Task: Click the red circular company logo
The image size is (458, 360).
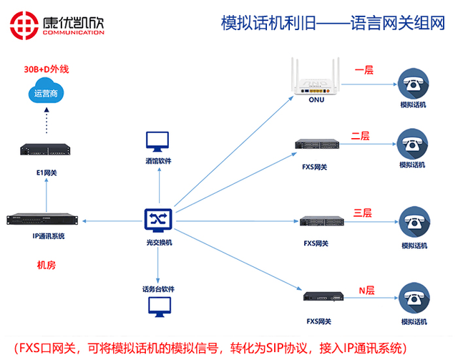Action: point(24,26)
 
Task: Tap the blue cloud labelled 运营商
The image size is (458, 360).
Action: point(46,91)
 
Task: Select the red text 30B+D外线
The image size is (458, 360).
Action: point(47,69)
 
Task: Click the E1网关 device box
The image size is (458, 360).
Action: point(45,150)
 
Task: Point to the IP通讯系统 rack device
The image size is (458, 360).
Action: point(42,220)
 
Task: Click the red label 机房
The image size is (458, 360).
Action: point(46,265)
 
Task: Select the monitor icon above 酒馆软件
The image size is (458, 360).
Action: point(157,142)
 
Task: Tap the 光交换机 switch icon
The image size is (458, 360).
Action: point(158,220)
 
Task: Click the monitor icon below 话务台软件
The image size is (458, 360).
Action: point(160,307)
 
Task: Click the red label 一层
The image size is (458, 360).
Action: point(364,70)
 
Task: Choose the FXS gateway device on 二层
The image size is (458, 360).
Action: point(317,144)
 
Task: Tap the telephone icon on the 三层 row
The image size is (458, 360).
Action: point(414,222)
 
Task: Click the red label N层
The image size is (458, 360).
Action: point(366,291)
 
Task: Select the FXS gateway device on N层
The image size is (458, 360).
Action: point(323,296)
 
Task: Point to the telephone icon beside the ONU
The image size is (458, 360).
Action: point(414,84)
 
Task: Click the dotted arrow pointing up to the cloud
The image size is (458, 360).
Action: point(47,120)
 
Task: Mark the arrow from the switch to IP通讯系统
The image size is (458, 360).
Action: point(112,221)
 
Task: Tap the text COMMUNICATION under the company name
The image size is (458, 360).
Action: point(73,32)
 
